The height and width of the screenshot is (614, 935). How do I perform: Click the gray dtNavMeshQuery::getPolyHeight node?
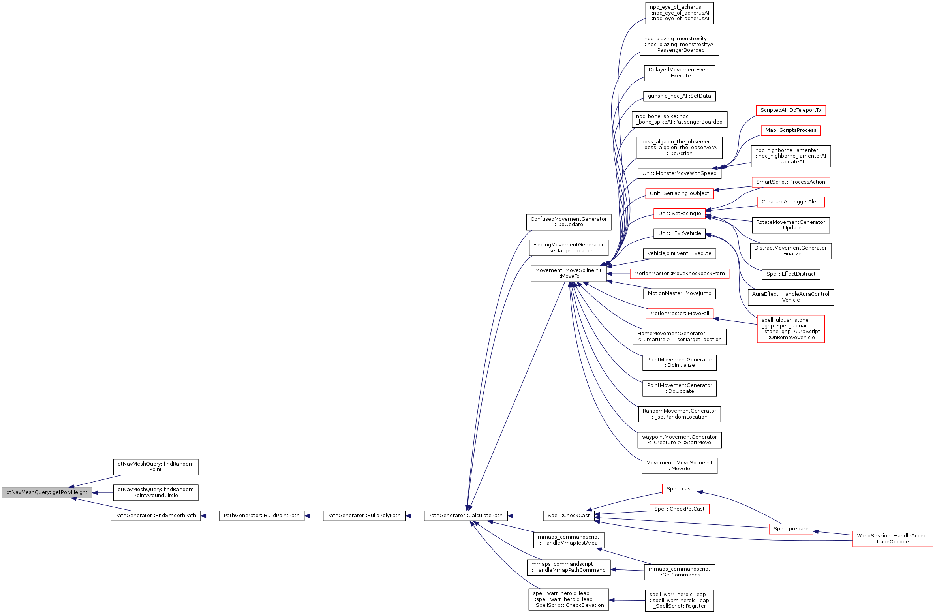(47, 492)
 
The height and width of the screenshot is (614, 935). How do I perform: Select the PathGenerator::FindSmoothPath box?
(156, 516)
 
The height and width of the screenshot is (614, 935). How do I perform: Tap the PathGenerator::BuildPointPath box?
(261, 516)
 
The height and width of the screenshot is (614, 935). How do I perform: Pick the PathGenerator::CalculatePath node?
(466, 516)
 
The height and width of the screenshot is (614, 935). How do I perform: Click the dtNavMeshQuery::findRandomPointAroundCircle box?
(156, 492)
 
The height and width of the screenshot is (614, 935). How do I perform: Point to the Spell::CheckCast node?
(569, 516)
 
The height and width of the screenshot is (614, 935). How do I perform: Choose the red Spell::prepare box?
(790, 529)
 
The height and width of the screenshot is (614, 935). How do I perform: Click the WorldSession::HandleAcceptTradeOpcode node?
(892, 539)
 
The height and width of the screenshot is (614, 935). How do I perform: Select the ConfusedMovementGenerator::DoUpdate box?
(569, 222)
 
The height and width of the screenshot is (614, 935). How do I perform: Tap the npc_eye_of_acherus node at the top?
(679, 13)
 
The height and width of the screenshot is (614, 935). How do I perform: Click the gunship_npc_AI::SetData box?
(679, 96)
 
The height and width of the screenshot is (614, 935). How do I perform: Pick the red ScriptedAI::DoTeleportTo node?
(790, 110)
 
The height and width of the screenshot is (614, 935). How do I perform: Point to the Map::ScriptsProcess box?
(790, 130)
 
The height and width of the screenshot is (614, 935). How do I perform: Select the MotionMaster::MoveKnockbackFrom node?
(679, 274)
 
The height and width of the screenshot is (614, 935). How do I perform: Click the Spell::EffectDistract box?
(790, 274)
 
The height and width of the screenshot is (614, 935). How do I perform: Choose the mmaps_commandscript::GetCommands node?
(679, 572)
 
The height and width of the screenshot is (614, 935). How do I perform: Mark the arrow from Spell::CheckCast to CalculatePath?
(525, 516)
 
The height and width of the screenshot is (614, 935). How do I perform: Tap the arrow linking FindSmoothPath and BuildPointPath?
(210, 516)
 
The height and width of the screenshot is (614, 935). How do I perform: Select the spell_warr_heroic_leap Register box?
(679, 600)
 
